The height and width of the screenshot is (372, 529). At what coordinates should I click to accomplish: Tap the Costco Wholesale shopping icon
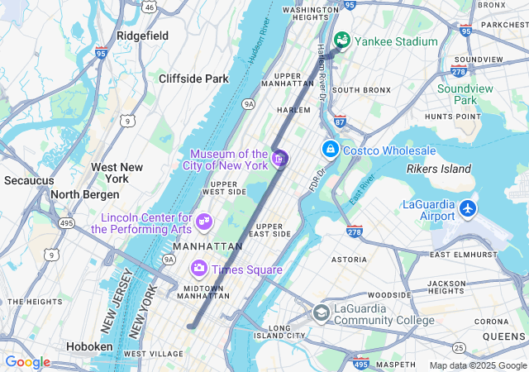coord(330,150)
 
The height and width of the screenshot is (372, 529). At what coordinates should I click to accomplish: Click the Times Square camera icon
coord(198,269)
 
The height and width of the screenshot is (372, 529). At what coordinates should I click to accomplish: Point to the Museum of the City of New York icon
coord(280,158)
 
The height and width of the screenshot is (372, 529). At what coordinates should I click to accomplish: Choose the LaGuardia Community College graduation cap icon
coord(321,312)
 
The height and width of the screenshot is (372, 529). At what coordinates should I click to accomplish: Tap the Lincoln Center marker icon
coord(203,222)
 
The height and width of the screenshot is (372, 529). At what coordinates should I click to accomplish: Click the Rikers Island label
coord(438,169)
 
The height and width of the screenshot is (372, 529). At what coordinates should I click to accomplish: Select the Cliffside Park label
coord(193,79)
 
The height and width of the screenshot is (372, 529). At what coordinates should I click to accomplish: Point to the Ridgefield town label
coord(142,36)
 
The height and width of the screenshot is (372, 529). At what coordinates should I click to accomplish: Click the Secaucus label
coord(28,179)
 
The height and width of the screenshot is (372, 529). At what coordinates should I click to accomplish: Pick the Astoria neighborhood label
coord(349,259)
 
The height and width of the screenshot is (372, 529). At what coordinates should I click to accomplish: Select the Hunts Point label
coord(452,117)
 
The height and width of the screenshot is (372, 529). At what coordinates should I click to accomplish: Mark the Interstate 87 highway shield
coord(341,122)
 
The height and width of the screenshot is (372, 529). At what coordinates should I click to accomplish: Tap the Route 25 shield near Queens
coord(458,346)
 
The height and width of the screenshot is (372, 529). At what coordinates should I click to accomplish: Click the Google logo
coord(27,362)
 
